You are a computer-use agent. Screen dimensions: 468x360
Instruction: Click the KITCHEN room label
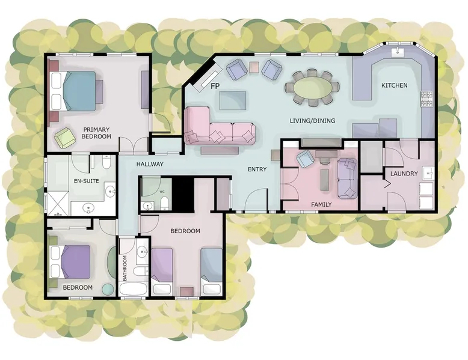pyautogui.click(x=394, y=85)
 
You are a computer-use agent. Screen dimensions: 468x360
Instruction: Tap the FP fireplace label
pyautogui.click(x=215, y=87)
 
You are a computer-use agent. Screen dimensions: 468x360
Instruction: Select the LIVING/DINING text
pyautogui.click(x=312, y=121)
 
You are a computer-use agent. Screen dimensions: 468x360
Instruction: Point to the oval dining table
pyautogui.click(x=312, y=88)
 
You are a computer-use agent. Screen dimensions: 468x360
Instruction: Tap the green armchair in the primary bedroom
pyautogui.click(x=64, y=137)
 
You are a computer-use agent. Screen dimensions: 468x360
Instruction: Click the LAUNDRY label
pyautogui.click(x=404, y=174)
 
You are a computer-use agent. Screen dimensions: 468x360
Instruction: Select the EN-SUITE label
pyautogui.click(x=86, y=181)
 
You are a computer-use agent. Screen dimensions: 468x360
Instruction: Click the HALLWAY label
pyautogui.click(x=150, y=164)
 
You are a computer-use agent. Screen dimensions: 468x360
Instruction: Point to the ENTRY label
pyautogui.click(x=257, y=169)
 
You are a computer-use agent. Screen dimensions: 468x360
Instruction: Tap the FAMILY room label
pyautogui.click(x=321, y=204)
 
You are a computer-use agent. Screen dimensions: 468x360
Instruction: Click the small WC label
pyautogui.click(x=162, y=192)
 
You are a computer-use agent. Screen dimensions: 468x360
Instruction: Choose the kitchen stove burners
pyautogui.click(x=426, y=99)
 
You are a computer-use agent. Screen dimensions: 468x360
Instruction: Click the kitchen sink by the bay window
pyautogui.click(x=398, y=52)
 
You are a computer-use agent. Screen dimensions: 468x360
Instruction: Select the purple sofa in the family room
pyautogui.click(x=347, y=178)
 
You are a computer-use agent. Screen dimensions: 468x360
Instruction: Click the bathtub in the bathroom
pyautogui.click(x=133, y=288)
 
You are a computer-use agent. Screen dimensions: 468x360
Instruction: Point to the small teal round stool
pyautogui.click(x=108, y=289)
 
